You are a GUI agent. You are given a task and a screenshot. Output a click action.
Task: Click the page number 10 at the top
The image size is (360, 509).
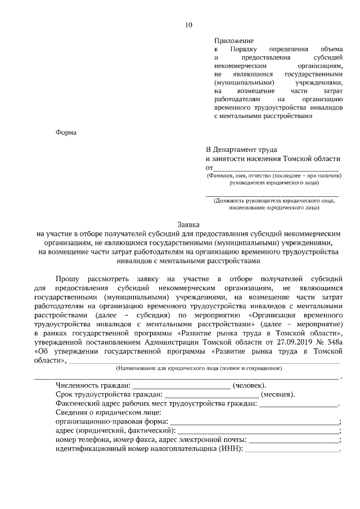(188, 24)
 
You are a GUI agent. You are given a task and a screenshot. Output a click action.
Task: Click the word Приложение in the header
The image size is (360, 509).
(233, 40)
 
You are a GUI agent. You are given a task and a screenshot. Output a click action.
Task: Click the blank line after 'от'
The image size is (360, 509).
(276, 168)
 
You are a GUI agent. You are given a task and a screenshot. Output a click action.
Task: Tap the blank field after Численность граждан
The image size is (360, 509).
(181, 386)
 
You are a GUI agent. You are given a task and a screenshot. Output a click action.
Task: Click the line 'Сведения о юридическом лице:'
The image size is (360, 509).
(109, 412)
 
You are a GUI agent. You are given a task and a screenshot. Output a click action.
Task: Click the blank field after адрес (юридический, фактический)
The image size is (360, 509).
(259, 431)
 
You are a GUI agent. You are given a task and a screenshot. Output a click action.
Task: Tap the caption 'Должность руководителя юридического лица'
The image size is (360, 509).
(273, 200)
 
